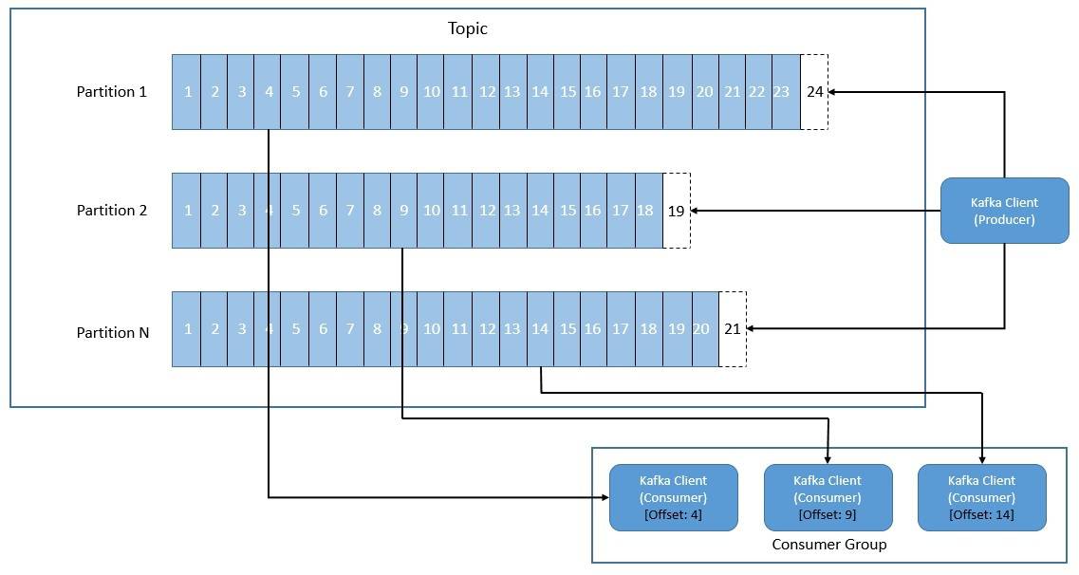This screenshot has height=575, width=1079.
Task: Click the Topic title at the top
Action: (x=467, y=28)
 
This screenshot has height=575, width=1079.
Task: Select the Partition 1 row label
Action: (x=112, y=92)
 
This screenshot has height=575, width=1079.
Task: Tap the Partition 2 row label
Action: (x=112, y=211)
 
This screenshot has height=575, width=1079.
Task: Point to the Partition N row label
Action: (x=112, y=332)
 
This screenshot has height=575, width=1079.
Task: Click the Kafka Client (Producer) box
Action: (x=1004, y=211)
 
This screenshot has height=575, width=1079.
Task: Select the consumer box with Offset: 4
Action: (x=673, y=497)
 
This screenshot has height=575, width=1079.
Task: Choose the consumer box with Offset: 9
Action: (x=828, y=497)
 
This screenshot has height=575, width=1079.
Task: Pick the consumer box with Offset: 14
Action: (x=981, y=497)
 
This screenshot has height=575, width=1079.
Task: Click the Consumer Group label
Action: (x=828, y=545)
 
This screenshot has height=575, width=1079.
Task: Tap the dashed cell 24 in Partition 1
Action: (x=814, y=92)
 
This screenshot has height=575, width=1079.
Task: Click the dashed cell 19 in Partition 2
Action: (x=676, y=211)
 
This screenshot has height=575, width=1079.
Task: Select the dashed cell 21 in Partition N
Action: (x=732, y=329)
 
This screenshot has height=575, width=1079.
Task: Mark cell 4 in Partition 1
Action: (x=269, y=92)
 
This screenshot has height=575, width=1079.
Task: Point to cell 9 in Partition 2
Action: (x=403, y=211)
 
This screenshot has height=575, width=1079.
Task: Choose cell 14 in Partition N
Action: (x=540, y=329)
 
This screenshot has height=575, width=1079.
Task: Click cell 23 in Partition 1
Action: (x=786, y=92)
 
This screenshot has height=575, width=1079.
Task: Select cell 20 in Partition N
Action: (x=704, y=329)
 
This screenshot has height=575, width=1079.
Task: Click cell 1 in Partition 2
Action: (x=187, y=211)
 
